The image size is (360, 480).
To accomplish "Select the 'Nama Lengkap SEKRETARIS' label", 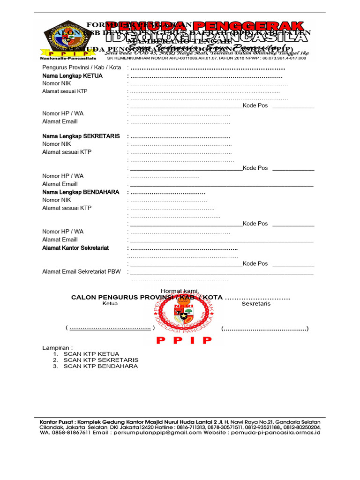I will (81, 136).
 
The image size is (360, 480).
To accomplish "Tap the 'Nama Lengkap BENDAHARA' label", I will (81, 192).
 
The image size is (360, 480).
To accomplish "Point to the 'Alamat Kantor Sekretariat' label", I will (75, 248).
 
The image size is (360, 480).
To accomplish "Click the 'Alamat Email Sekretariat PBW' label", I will (82, 271).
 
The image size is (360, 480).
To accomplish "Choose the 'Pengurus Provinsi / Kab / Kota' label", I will (82, 67).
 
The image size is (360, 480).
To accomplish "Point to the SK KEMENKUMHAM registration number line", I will (206, 59).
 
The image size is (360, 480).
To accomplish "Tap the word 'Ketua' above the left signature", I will (110, 304).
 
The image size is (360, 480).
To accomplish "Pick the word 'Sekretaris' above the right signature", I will (256, 304).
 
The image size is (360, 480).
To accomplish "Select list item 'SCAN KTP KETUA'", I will (91, 354).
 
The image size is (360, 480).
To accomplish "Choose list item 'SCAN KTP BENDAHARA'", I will (101, 366).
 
